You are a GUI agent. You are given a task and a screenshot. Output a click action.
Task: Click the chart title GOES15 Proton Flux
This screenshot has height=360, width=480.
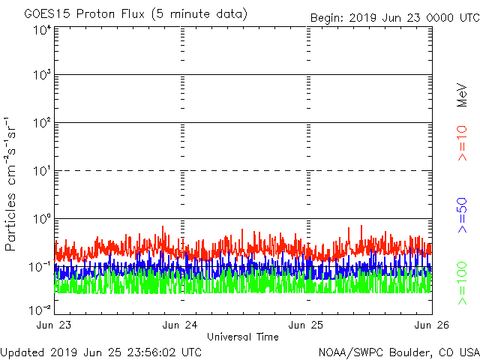135,14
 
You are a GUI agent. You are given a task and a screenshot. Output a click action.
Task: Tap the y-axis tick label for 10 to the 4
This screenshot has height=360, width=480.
42,30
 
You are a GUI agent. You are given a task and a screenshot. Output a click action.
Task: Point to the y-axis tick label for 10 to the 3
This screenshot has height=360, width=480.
42,76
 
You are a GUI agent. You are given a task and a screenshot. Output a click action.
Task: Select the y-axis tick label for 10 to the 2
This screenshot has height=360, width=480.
42,123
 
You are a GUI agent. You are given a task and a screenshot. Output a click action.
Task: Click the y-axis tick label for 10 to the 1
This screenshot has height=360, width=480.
42,171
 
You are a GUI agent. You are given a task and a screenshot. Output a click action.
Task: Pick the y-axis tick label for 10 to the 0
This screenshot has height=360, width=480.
42,218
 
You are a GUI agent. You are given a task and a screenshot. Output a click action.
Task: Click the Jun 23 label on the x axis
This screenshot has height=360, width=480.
55,324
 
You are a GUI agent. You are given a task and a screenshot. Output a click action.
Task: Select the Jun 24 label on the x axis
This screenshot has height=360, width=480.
181,324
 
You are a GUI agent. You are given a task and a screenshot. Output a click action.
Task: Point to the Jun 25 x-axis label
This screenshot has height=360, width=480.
307,324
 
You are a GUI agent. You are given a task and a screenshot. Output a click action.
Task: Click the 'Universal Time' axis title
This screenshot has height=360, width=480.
243,337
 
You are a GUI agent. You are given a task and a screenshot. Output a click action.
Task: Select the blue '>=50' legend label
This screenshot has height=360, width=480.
463,214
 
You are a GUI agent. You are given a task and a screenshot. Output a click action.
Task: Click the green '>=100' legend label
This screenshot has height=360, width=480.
463,283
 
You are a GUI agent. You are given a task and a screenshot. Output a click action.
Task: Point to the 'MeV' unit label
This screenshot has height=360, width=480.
463,94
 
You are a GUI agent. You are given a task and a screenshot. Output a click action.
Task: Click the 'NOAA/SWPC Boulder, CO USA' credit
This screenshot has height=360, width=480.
398,351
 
